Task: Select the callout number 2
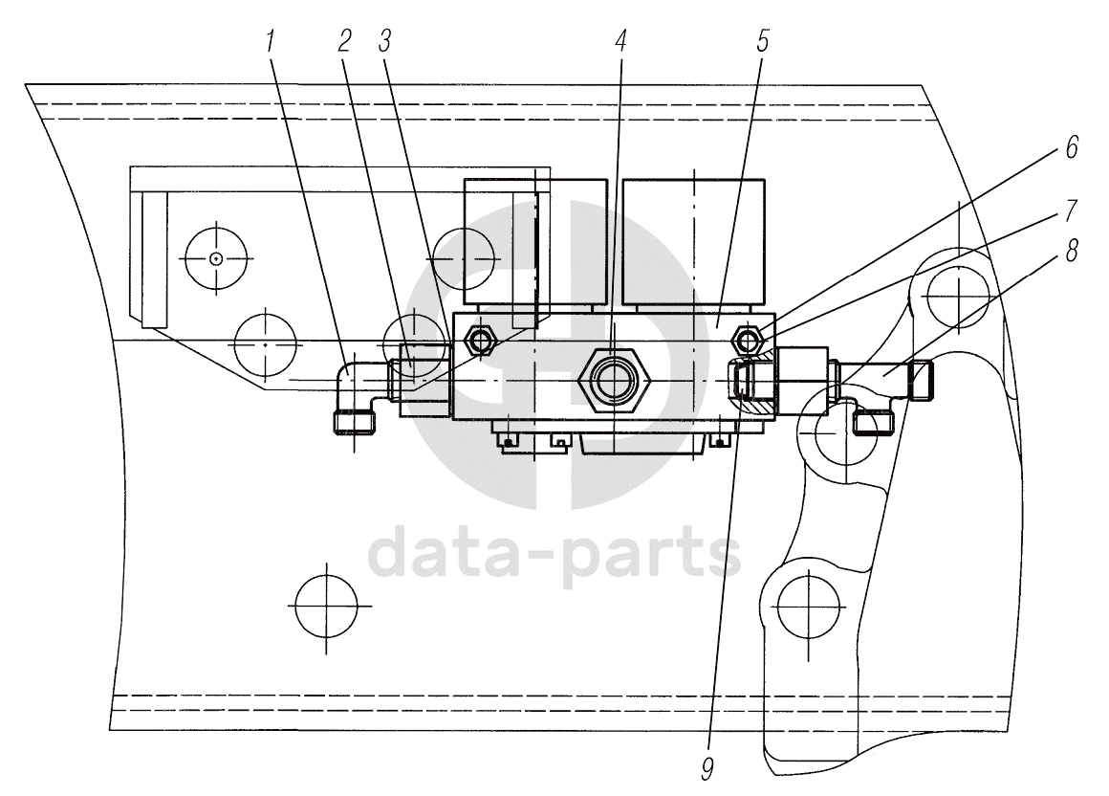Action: pos(344,41)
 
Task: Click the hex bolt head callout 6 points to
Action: pos(746,340)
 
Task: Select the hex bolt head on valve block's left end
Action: pos(477,339)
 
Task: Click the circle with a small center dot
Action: pos(217,258)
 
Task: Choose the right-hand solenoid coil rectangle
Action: pos(694,242)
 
